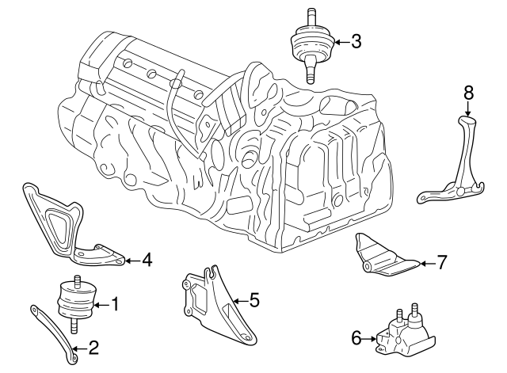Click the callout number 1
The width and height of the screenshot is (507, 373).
point(115,303)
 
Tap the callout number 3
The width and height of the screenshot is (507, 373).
point(356,42)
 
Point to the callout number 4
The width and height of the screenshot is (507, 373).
point(147,259)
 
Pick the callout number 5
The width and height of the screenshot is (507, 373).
point(254,300)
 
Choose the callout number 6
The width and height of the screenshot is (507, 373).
point(356,338)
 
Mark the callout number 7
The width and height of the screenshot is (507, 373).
point(443,261)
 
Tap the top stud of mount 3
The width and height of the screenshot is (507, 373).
point(310,16)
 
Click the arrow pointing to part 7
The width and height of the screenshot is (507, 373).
point(425,262)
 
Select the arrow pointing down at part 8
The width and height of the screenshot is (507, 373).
point(467,108)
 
